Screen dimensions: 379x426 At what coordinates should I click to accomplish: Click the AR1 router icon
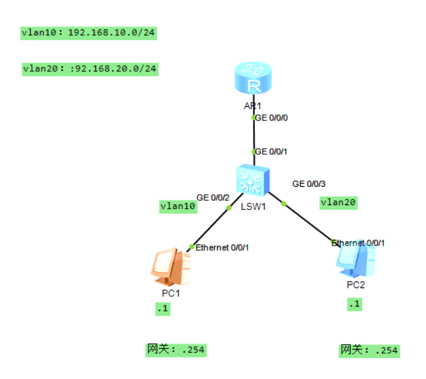point(253,80)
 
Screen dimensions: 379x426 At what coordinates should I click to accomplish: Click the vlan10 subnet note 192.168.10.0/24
point(88,33)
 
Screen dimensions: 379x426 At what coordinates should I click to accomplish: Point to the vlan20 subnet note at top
point(90,68)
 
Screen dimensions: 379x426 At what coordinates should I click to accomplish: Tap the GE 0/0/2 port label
point(213,197)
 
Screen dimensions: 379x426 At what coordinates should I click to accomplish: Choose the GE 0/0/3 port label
point(309,184)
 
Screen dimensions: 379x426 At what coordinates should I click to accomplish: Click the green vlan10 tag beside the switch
point(178,206)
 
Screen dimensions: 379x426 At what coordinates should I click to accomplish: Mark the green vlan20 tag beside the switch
point(338,202)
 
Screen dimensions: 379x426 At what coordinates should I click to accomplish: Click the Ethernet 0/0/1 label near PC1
point(222,247)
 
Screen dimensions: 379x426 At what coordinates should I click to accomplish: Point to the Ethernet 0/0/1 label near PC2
point(358,243)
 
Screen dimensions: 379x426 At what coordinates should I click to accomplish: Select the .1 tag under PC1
point(162,310)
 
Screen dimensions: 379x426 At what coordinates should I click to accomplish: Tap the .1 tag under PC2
point(354,304)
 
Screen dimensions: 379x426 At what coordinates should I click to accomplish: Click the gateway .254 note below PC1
point(176,350)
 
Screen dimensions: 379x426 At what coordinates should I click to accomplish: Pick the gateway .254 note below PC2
point(369,350)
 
